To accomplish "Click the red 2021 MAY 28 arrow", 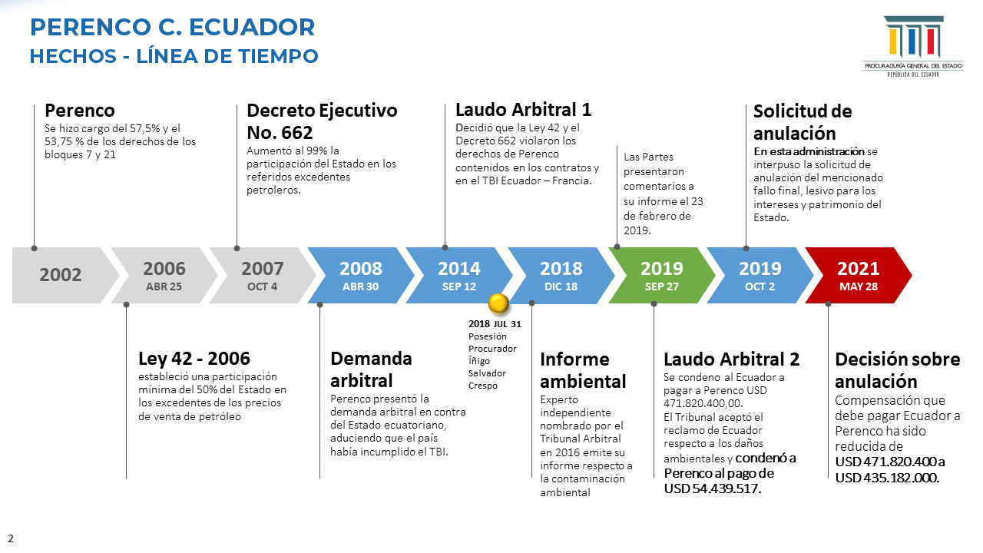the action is [x=859, y=275].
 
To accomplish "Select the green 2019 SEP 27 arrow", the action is [x=662, y=275].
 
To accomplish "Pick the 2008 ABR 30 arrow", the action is [x=361, y=275].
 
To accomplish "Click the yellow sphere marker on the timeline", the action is [x=498, y=303].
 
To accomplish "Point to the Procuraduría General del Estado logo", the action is [x=913, y=47].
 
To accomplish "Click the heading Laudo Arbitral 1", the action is [x=523, y=110].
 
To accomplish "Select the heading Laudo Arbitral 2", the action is [x=731, y=359].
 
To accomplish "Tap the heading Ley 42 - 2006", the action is [x=194, y=358].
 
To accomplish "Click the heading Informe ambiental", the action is [x=583, y=370].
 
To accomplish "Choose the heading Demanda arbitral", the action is [x=371, y=369].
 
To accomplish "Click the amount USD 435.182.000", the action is [x=887, y=477].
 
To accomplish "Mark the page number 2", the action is [x=11, y=538].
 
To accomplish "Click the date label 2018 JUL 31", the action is [x=495, y=324].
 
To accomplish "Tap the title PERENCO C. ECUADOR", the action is [x=173, y=27].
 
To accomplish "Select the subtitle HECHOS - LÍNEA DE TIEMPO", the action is [x=174, y=56].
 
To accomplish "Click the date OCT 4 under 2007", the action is [x=262, y=286].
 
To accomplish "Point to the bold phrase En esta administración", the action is [x=809, y=151].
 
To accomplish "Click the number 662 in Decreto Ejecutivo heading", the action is [x=297, y=133].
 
